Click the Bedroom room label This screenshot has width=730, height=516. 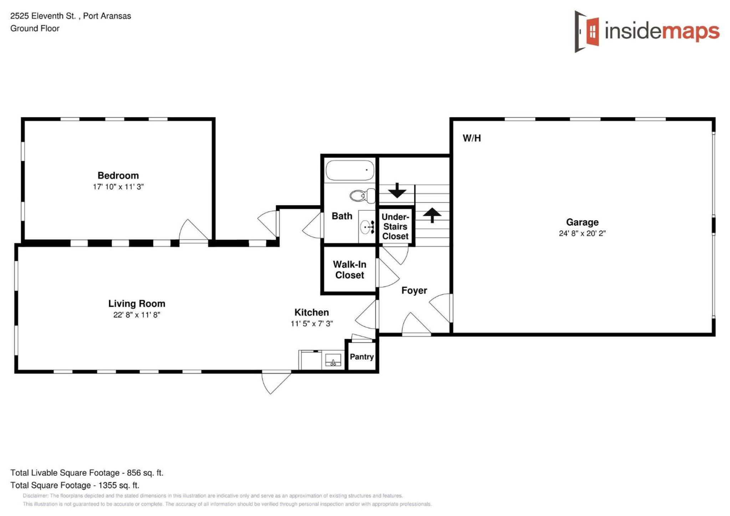[118, 175]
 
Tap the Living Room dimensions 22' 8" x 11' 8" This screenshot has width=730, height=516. [137, 315]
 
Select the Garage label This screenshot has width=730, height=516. [582, 222]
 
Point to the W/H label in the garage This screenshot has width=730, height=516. [471, 138]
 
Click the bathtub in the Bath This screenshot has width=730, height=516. [350, 170]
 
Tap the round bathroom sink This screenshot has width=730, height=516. [365, 227]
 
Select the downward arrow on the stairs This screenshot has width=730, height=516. [397, 190]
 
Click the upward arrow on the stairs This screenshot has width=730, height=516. [432, 215]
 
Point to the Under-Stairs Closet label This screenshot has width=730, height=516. [395, 227]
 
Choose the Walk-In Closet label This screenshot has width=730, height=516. [349, 270]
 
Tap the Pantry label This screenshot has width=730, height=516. [362, 357]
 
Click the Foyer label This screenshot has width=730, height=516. [414, 291]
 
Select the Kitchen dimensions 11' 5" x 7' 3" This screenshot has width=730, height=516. [312, 324]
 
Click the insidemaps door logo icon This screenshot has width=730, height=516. [587, 31]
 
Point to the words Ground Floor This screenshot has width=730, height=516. [35, 29]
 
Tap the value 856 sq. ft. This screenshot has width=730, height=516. [145, 473]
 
